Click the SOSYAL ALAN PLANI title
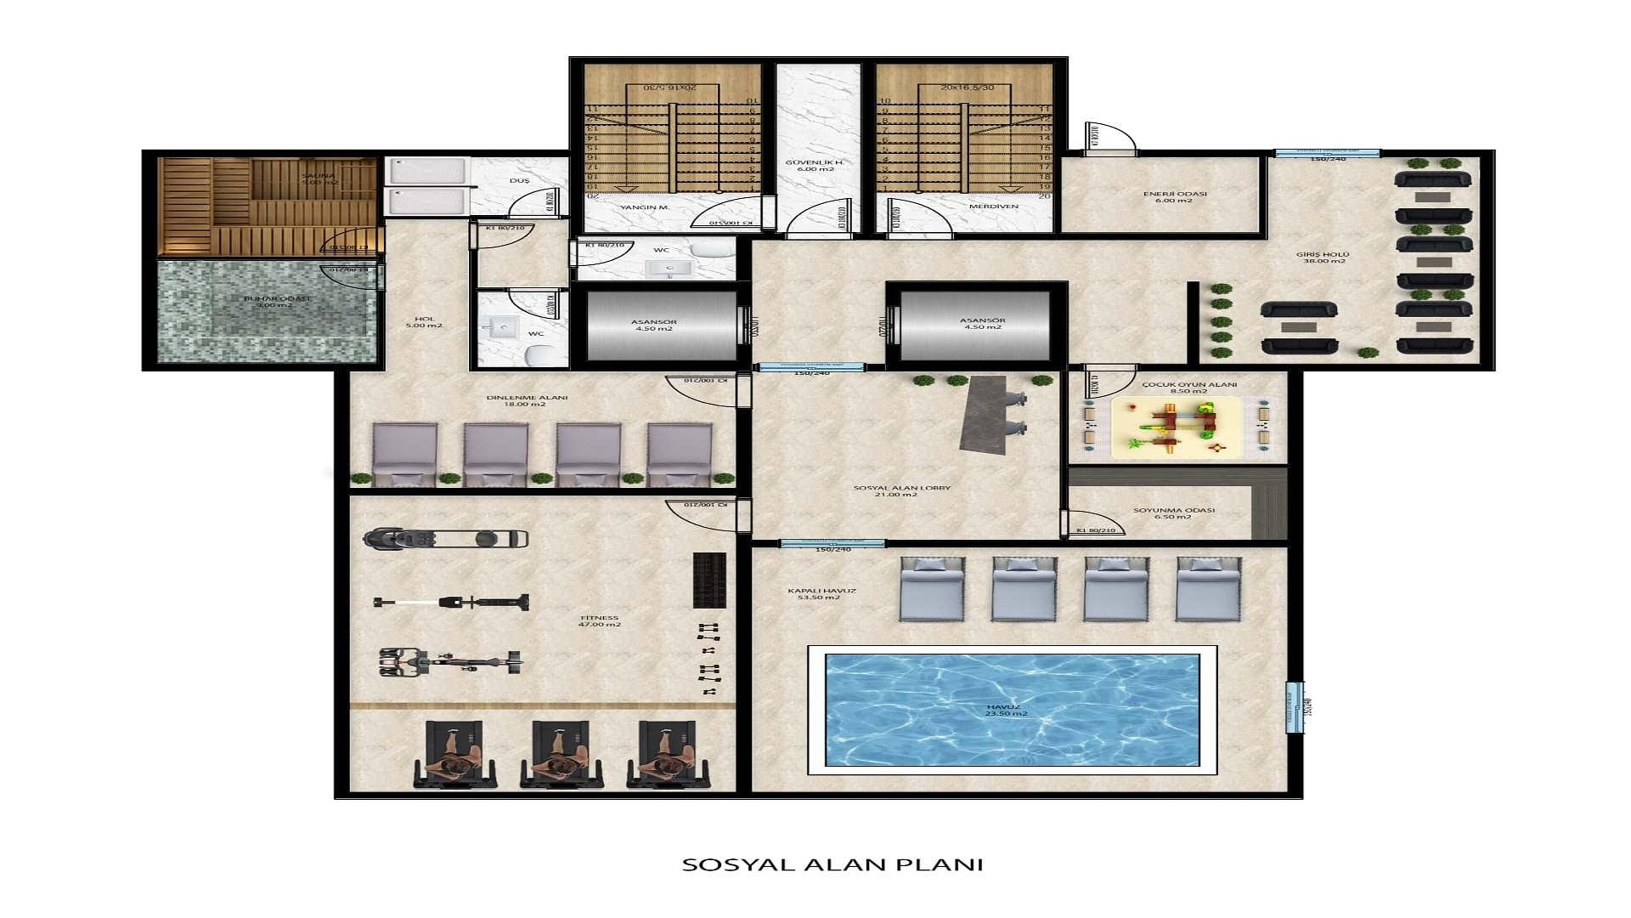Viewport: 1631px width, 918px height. [832, 864]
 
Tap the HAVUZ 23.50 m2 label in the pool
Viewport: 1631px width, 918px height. [1007, 710]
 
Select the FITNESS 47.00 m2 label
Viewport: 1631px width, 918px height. [600, 621]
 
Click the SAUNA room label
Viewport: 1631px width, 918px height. [319, 178]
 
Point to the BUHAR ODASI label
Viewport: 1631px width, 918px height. [275, 302]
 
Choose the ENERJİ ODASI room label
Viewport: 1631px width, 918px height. [1175, 196]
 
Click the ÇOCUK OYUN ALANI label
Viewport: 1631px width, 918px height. [1189, 388]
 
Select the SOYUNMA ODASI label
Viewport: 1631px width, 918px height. [1174, 513]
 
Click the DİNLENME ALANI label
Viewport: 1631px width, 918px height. [527, 400]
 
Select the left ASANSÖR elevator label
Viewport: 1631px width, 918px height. [654, 325]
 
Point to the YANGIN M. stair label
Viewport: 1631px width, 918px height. [646, 207]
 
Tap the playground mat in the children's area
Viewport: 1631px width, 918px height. [1177, 426]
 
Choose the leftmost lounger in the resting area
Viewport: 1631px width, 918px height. [405, 455]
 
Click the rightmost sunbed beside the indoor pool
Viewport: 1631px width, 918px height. [1208, 588]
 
